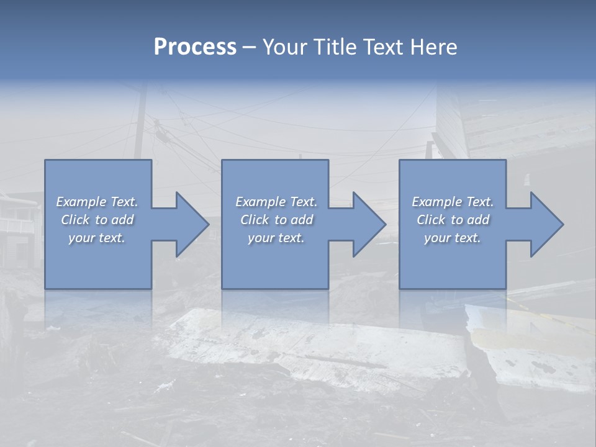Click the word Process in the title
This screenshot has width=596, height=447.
point(195,47)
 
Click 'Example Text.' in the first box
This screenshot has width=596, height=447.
point(97,202)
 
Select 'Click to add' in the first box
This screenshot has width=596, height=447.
point(97,220)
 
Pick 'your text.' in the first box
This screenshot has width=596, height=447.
point(97,238)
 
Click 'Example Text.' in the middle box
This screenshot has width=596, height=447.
point(276,202)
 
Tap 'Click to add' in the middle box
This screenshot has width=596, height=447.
point(276,220)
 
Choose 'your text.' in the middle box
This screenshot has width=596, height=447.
point(276,238)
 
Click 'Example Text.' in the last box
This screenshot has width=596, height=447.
point(452,202)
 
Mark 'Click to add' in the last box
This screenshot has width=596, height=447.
point(452,220)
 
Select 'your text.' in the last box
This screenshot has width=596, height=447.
point(452,238)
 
